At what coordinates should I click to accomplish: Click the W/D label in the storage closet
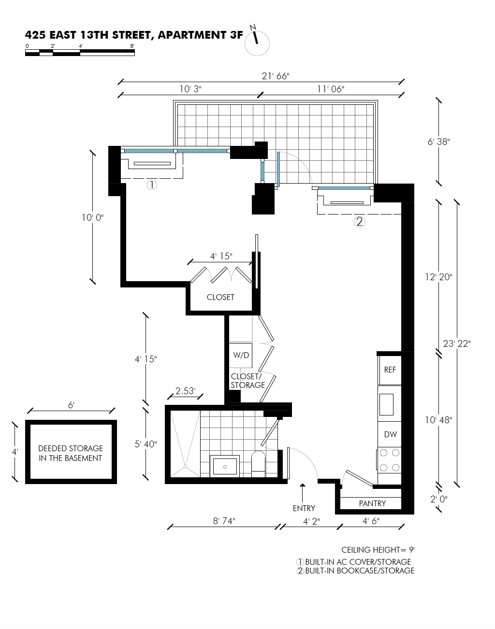point(241,355)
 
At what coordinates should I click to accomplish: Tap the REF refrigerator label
point(390,370)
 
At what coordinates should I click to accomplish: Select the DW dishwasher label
point(390,434)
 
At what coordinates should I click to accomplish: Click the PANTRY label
point(372,503)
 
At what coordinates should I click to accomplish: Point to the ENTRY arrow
point(303,493)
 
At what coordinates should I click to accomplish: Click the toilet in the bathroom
point(258,464)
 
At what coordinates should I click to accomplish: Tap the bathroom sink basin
point(225,466)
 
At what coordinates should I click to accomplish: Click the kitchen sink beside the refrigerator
point(386,404)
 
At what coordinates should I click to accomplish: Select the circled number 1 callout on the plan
point(151,185)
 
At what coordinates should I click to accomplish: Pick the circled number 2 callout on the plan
point(359,222)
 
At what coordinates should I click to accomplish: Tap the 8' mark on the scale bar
point(132,46)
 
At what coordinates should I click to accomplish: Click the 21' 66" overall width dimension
point(275,76)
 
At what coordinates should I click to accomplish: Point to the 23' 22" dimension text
point(457,343)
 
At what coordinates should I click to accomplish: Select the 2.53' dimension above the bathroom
point(185,391)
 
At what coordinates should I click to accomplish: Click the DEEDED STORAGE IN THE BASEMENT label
point(71,453)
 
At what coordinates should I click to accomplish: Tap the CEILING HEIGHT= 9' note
point(378,550)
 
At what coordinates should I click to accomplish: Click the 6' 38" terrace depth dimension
point(438,142)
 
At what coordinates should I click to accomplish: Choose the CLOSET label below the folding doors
point(220,297)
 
